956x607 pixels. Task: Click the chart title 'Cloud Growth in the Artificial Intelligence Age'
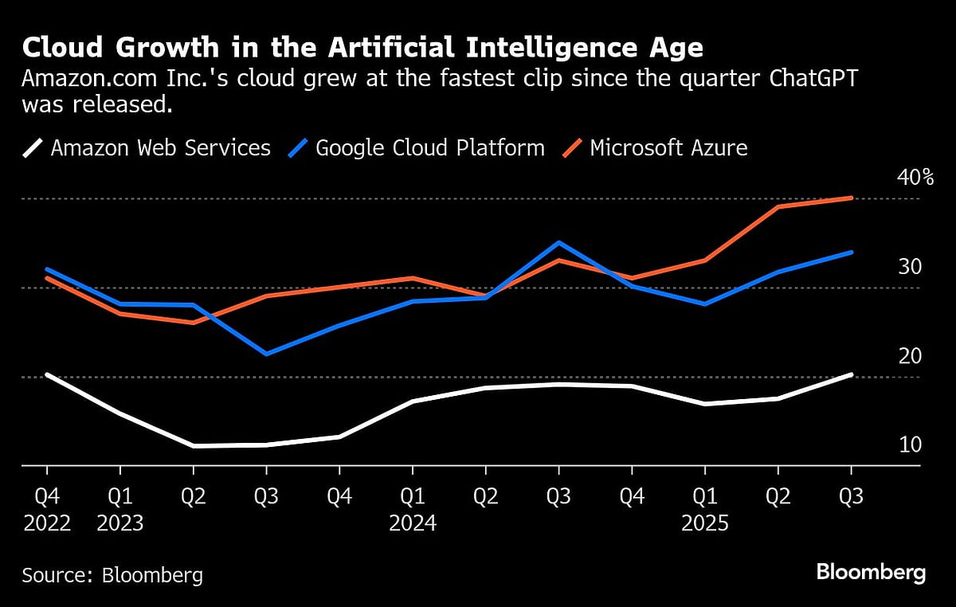coord(362,48)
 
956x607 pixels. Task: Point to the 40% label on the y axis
coord(915,177)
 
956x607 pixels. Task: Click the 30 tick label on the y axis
coord(910,267)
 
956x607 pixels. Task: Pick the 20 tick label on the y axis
coord(910,356)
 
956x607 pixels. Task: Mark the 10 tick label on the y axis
coord(910,444)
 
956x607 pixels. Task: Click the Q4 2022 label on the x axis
coord(46,510)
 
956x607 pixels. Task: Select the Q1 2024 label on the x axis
coord(413,510)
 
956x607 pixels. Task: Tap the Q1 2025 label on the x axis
coord(705,510)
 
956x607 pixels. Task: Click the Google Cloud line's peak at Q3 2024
coord(559,242)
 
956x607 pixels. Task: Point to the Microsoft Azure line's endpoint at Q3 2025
coord(852,198)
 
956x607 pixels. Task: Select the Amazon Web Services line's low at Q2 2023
coord(193,446)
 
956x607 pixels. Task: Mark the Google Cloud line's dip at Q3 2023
coord(266,354)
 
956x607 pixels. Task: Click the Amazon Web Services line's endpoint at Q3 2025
coord(852,374)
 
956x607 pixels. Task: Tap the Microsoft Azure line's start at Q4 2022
coord(46,278)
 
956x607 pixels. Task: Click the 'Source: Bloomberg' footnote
coord(112,575)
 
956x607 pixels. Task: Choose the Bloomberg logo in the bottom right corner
coord(871,572)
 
